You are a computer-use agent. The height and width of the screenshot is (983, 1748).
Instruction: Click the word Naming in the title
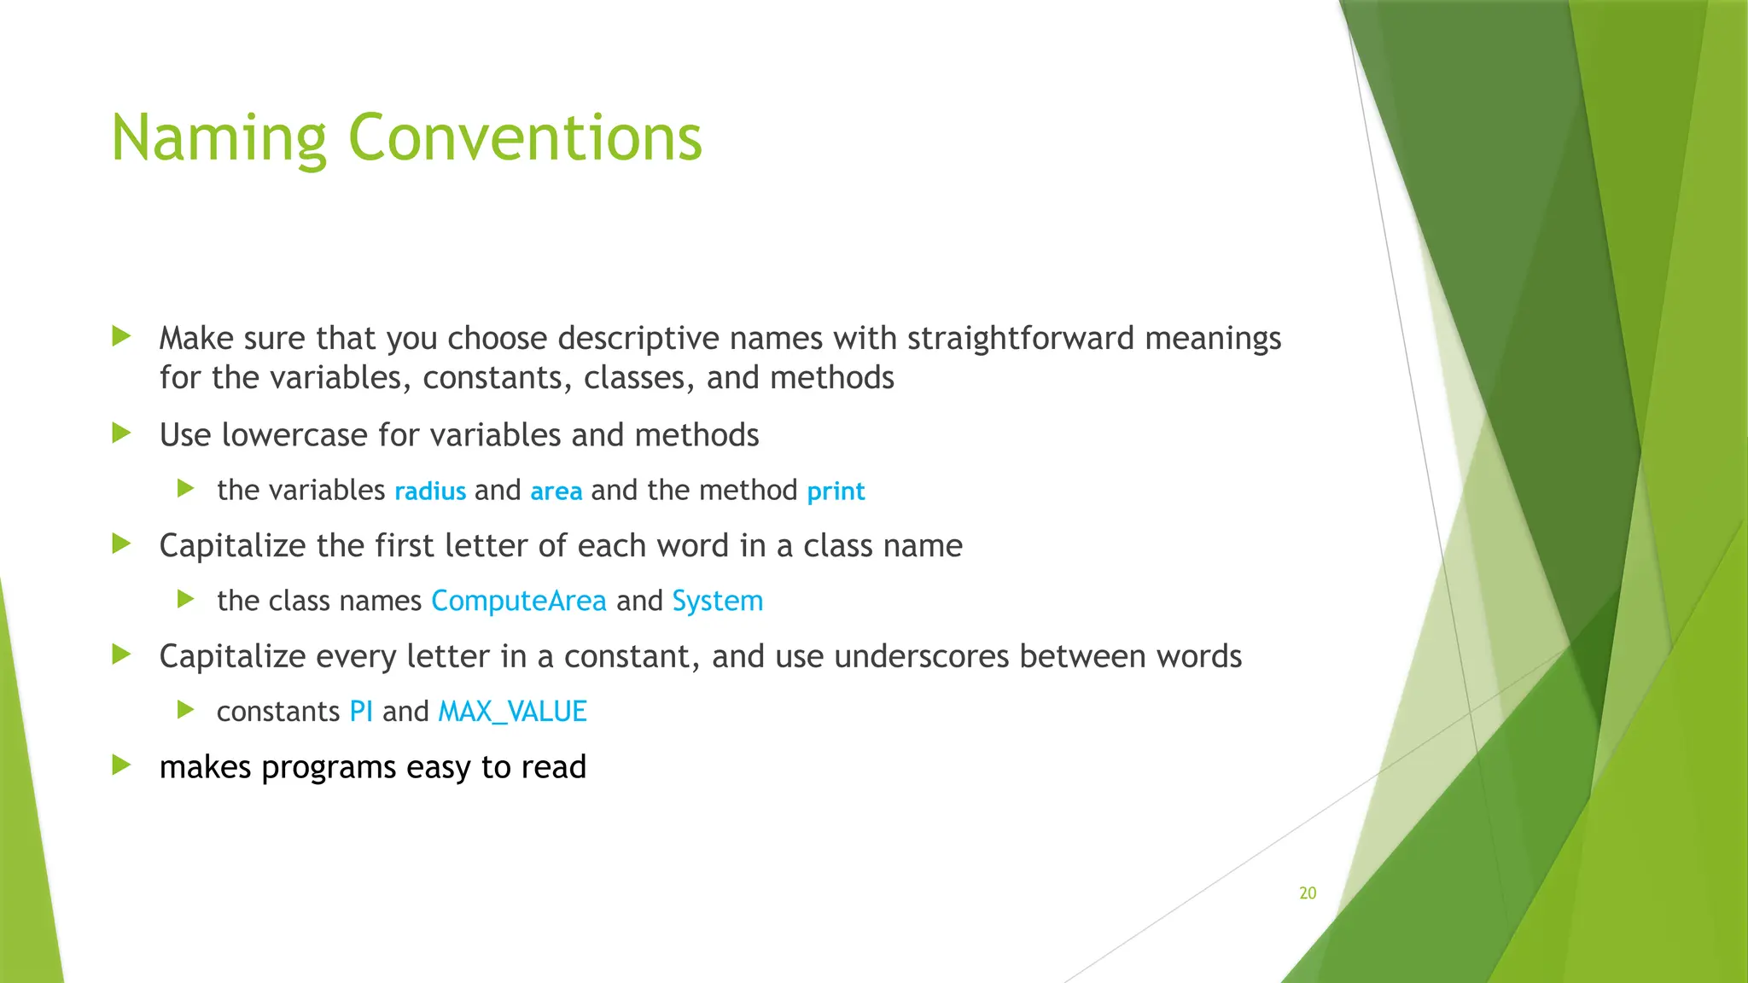pos(218,138)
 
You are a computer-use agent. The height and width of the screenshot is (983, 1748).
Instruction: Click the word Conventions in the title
pos(525,138)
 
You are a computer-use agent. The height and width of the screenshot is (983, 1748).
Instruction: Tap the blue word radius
pos(430,491)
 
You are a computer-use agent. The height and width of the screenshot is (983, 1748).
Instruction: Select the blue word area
pos(556,491)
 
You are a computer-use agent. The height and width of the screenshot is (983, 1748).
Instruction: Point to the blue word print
pos(836,491)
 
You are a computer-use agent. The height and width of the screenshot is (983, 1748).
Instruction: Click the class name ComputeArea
pos(519,601)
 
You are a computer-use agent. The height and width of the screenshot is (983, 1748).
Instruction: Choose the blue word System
pos(718,601)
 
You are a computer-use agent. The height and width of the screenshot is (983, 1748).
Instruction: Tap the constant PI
pos(361,712)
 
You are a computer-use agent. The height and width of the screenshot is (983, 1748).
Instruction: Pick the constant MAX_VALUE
pos(512,712)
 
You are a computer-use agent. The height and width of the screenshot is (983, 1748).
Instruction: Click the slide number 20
pos(1308,893)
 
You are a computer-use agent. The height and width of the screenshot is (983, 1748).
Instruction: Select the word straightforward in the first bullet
pos(1021,339)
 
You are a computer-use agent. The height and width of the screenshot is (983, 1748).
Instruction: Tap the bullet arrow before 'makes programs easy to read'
pos(121,765)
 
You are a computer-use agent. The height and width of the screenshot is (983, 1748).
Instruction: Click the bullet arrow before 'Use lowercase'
pos(121,433)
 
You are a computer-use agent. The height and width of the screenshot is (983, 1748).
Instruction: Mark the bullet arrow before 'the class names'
pos(186,599)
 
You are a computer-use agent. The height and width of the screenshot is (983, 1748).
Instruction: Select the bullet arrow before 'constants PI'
pos(186,709)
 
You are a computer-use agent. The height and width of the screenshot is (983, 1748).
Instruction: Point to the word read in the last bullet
pos(554,767)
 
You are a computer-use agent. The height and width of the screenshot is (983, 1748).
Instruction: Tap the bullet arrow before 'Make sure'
pos(121,336)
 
